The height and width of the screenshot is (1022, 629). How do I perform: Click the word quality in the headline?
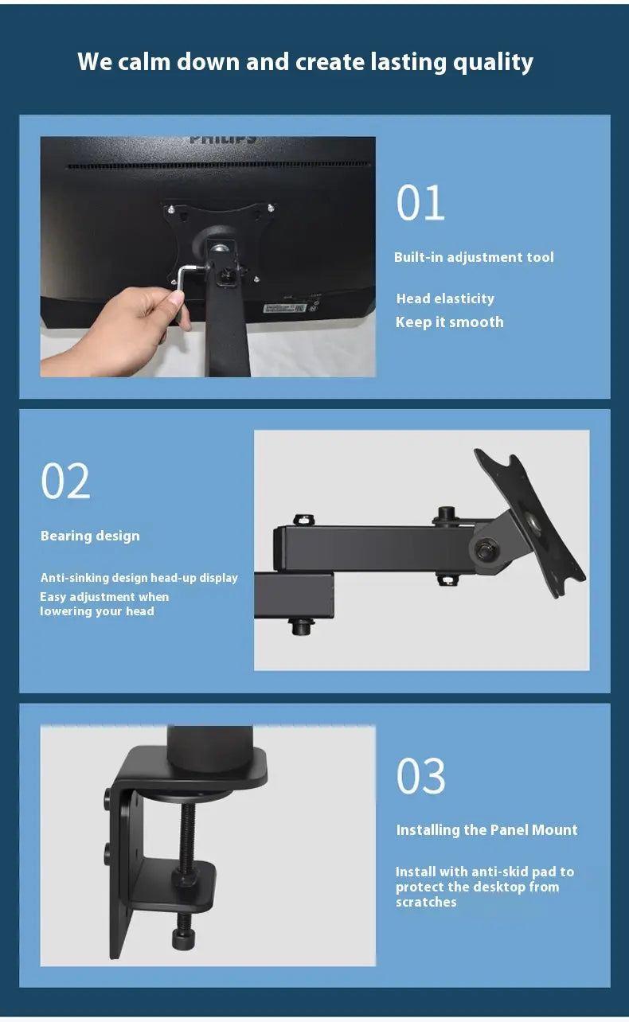493,63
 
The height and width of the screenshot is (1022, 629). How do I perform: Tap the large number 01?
420,203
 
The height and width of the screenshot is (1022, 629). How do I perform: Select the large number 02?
65,481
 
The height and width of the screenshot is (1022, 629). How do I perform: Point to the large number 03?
420,775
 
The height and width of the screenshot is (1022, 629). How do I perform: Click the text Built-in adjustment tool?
474,257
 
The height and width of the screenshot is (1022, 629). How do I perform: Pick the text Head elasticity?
445,298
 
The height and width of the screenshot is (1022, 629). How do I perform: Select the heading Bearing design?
90,536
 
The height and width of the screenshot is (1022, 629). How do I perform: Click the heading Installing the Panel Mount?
486,829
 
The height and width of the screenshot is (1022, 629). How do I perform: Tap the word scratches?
426,902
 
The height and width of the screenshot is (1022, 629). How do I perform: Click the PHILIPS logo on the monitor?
222,139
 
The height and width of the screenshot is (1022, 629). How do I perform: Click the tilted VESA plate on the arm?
529,523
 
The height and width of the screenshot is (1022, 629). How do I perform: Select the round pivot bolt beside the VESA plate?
484,550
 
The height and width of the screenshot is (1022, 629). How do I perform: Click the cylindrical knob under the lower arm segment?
301,626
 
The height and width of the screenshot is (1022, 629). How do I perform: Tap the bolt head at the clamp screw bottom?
186,938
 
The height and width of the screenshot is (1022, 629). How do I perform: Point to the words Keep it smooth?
450,322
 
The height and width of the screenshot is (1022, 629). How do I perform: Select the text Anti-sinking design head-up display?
139,578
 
